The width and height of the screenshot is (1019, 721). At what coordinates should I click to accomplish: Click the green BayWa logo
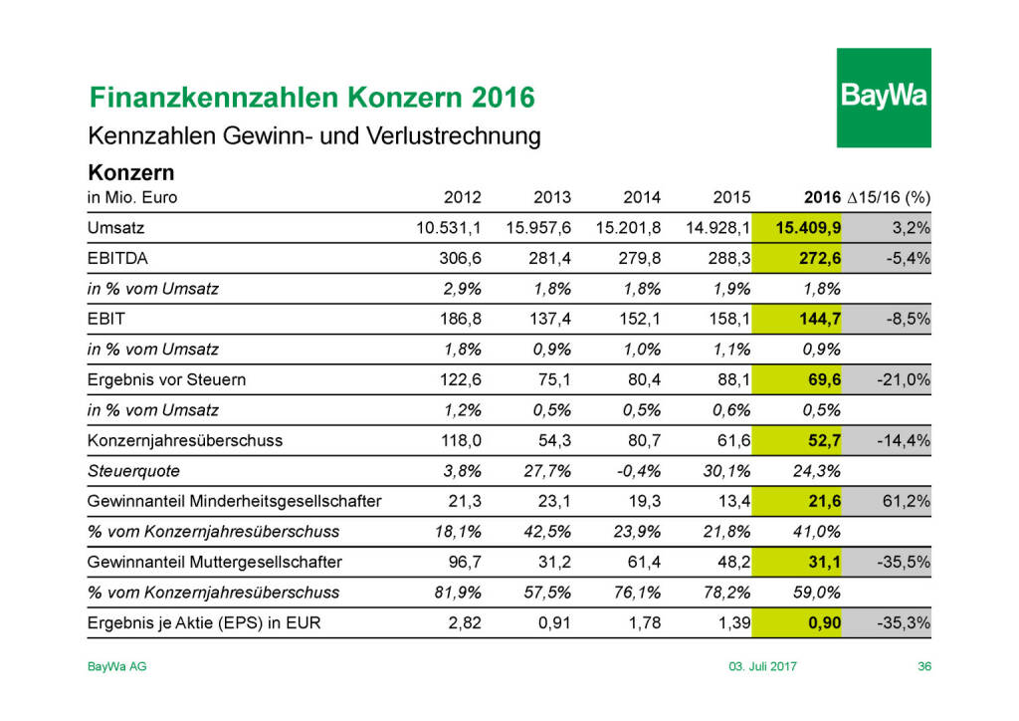883,97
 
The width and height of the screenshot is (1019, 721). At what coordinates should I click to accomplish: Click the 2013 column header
552,197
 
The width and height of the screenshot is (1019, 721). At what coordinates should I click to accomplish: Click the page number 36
923,666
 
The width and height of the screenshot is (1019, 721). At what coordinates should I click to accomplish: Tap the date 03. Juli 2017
762,666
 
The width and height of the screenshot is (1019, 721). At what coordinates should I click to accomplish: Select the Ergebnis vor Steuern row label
167,379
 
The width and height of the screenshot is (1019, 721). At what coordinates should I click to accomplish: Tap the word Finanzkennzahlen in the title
212,98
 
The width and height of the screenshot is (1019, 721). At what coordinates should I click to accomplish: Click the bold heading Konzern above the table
131,172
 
